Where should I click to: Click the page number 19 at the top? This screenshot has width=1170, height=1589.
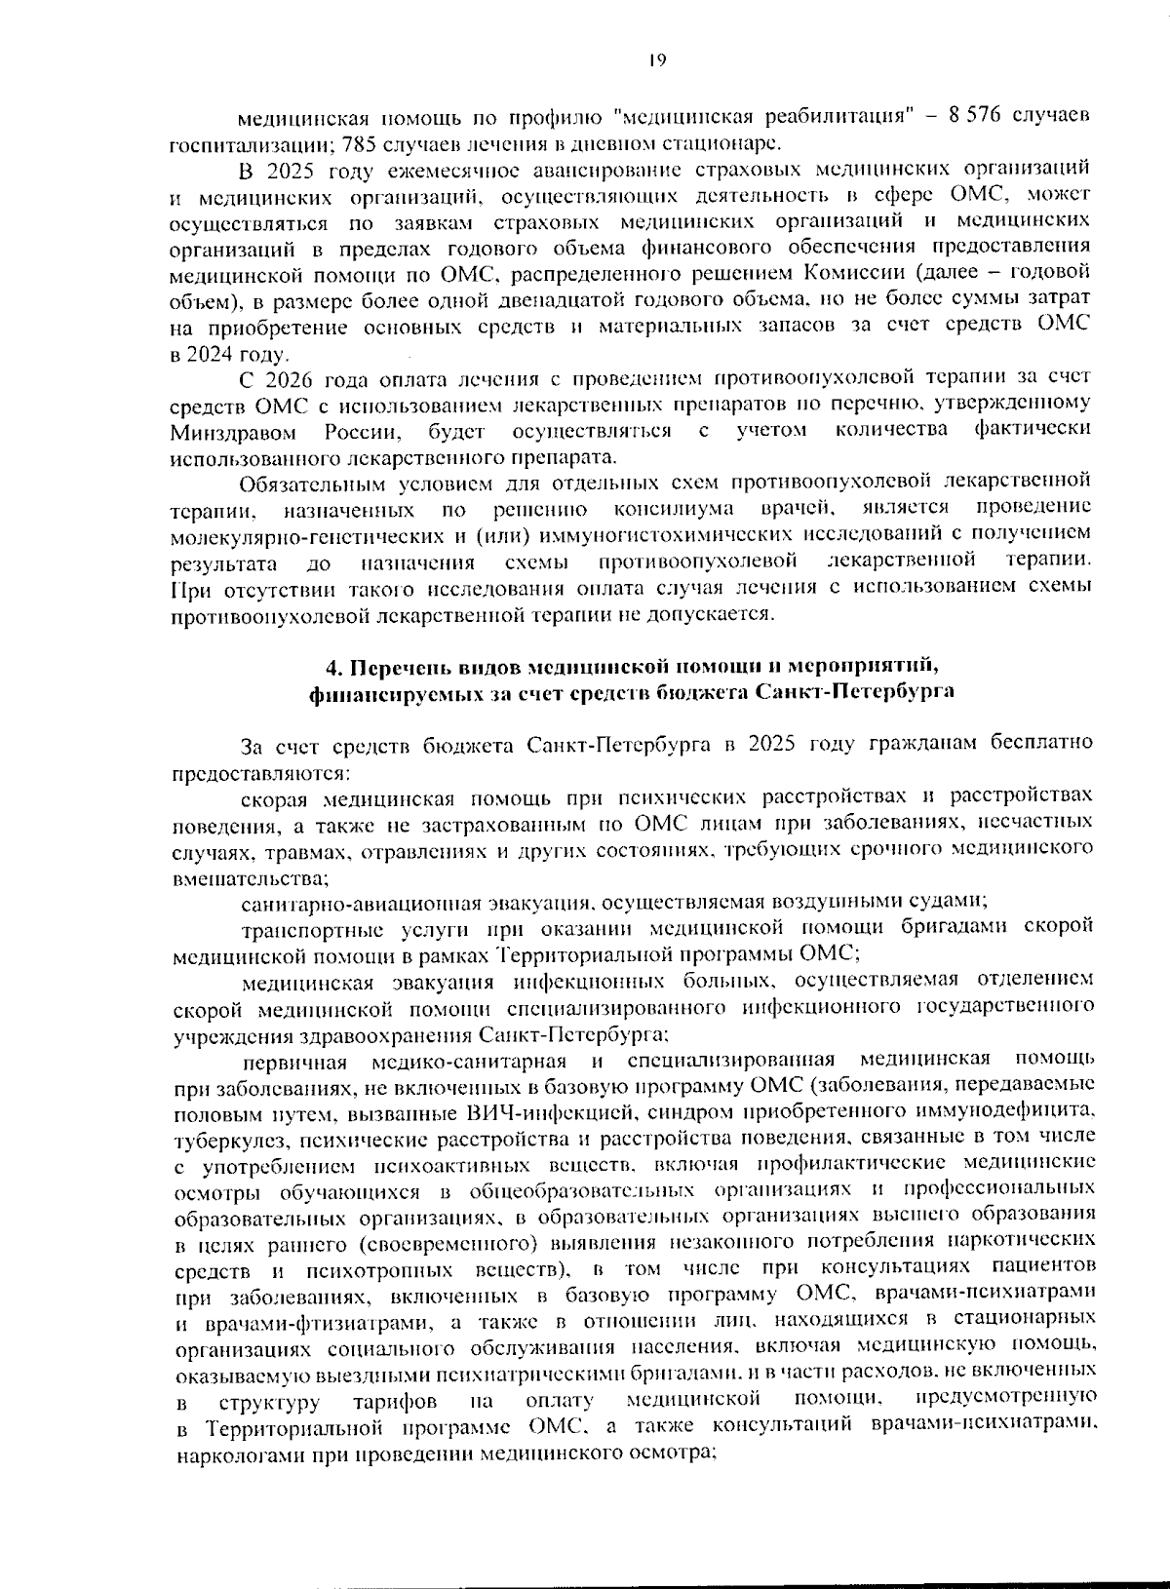655,60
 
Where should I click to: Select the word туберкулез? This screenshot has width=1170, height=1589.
219,1138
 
